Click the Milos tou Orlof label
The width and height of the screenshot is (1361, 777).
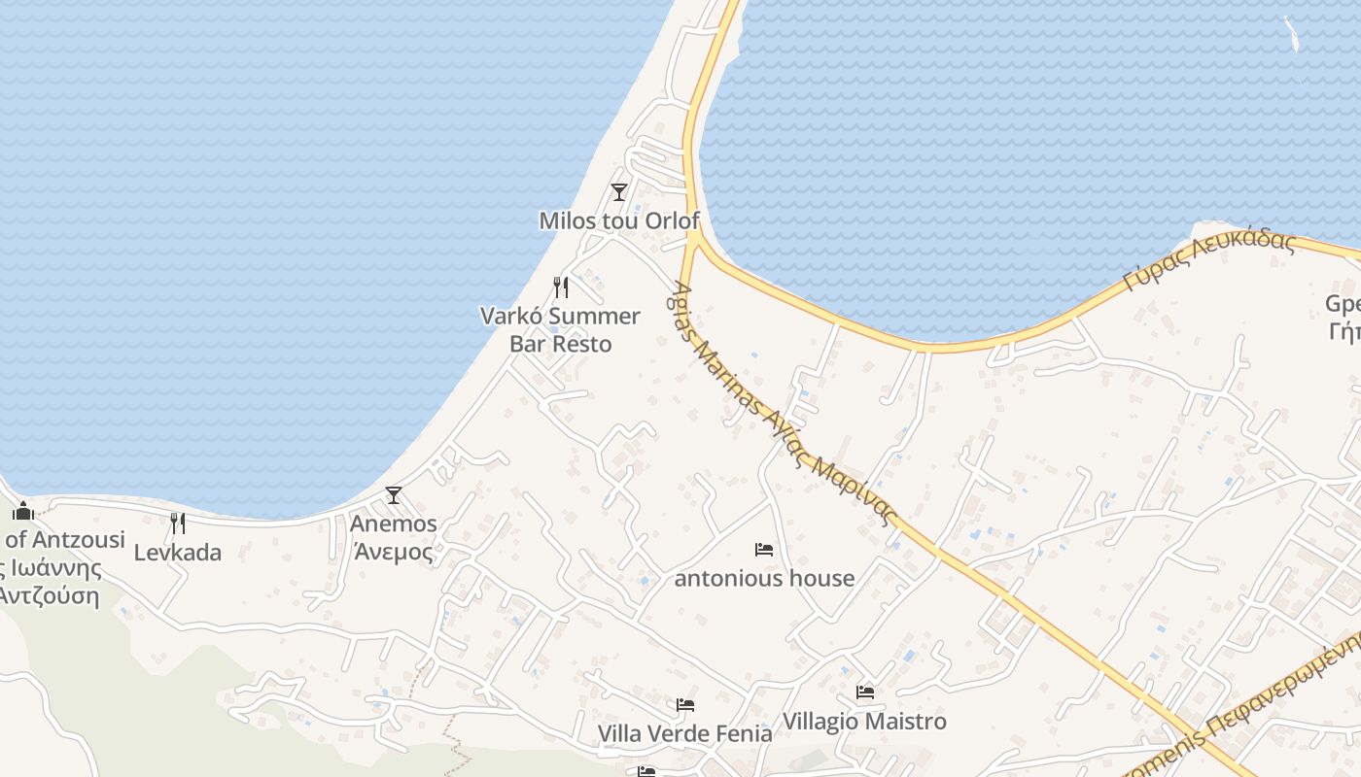click(x=619, y=220)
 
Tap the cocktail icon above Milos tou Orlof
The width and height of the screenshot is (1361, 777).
click(x=618, y=192)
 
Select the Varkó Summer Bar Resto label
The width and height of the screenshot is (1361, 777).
click(x=561, y=329)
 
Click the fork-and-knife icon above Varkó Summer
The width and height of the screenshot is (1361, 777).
click(x=561, y=287)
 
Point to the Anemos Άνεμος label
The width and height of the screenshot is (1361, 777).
click(x=393, y=537)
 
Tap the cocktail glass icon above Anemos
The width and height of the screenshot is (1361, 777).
click(x=393, y=495)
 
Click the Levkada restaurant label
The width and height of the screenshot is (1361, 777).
click(x=178, y=553)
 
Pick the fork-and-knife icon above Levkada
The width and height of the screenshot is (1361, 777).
click(x=178, y=524)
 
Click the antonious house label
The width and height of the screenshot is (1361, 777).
click(x=764, y=578)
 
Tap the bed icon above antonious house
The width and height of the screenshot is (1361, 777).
click(x=764, y=550)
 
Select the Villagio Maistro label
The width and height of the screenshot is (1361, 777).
click(x=864, y=721)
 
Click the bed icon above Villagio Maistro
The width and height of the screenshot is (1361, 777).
click(x=864, y=693)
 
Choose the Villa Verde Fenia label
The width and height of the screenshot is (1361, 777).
click(x=684, y=732)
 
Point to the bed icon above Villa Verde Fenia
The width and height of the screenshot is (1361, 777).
click(x=684, y=704)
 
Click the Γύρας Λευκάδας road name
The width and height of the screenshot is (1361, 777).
click(x=1209, y=260)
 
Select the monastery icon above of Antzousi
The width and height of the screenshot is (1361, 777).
click(x=23, y=511)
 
